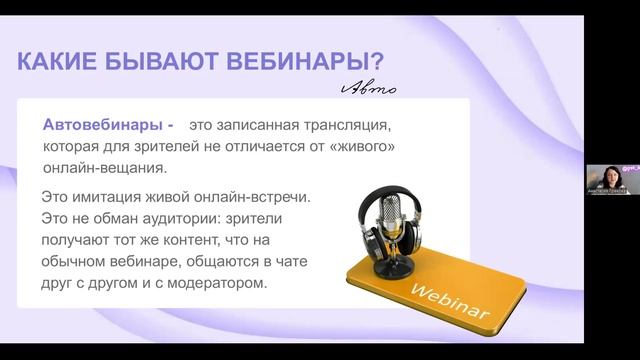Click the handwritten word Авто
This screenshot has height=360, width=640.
click(368, 89)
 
